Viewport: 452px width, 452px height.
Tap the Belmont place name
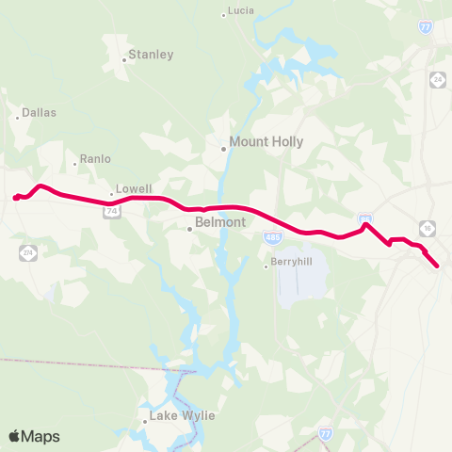click(x=219, y=223)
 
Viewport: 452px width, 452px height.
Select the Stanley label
click(x=152, y=55)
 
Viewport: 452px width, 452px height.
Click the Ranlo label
click(x=96, y=159)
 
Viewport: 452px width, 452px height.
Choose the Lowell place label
click(x=134, y=189)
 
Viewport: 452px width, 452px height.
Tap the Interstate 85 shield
click(x=364, y=218)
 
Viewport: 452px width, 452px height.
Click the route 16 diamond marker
click(x=428, y=228)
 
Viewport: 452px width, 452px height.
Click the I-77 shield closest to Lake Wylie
click(x=325, y=433)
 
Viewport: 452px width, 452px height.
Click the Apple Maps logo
click(x=34, y=436)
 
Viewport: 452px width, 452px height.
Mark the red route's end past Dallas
click(x=15, y=198)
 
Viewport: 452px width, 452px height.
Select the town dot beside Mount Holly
click(x=223, y=148)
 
